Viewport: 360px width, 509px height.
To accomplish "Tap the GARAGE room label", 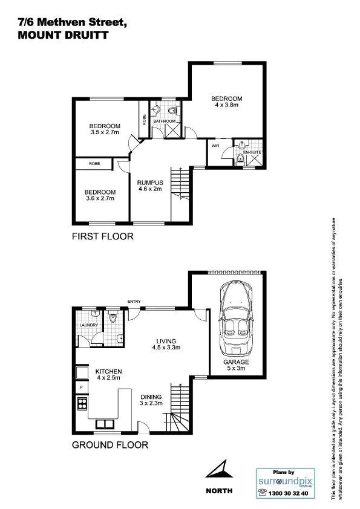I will coord(236,362).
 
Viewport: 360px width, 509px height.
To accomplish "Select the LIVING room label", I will coord(166,340).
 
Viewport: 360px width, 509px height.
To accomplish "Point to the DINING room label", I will coord(151,397).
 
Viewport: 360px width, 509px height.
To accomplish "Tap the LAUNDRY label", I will coord(88,325).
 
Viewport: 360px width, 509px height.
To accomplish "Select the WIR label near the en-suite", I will coord(215,145).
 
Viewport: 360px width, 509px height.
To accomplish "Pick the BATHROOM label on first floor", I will coord(164,122).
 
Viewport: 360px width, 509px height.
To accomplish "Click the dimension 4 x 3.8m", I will coord(227,105).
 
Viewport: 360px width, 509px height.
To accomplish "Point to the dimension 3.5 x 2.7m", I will coord(104,132).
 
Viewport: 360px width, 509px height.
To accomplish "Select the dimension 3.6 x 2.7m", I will coord(100,198).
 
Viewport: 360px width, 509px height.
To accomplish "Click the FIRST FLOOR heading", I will coord(102,236).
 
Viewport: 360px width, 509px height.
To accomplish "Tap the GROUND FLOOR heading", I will coord(110,445).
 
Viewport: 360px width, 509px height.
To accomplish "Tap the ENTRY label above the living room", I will coord(134,300).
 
